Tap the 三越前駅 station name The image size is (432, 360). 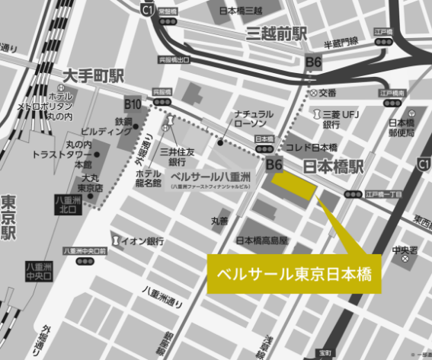point(275,34)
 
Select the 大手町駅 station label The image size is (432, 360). point(93,76)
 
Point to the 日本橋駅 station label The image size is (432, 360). point(334,166)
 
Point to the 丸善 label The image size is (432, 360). point(219,221)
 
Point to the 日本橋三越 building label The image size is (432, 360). point(240,11)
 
